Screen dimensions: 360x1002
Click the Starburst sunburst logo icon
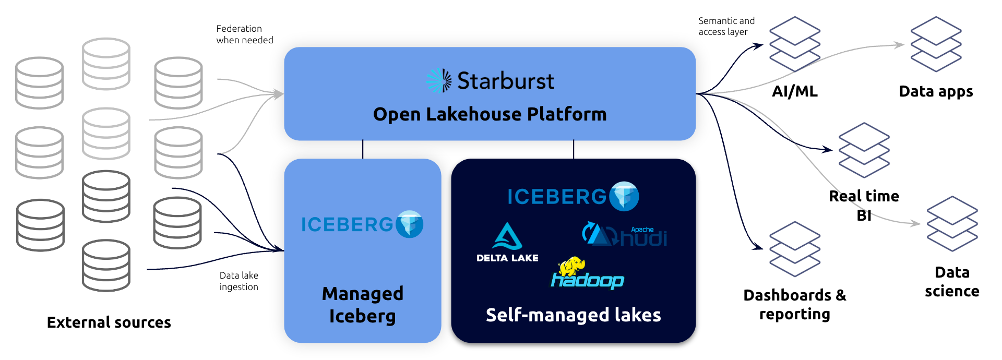(439, 81)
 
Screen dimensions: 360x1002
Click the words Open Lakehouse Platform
(490, 114)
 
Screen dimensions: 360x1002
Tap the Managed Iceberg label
(363, 305)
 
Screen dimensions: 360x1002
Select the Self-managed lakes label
(573, 315)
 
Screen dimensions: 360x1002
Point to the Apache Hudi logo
(625, 235)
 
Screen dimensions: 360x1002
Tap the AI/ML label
(795, 91)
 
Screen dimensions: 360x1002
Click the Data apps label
(936, 91)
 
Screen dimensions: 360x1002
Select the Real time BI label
(864, 206)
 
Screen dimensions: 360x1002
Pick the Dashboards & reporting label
(794, 304)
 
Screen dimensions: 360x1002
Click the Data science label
(952, 281)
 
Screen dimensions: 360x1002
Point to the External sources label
(109, 322)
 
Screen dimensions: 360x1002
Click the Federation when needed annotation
(245, 34)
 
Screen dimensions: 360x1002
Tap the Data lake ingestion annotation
(239, 281)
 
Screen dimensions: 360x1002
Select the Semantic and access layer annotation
(726, 26)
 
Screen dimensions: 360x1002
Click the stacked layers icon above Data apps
(936, 44)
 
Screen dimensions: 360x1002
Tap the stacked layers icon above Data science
(952, 224)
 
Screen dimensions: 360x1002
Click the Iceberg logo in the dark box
(573, 196)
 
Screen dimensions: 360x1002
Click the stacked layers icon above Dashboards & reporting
(795, 249)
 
